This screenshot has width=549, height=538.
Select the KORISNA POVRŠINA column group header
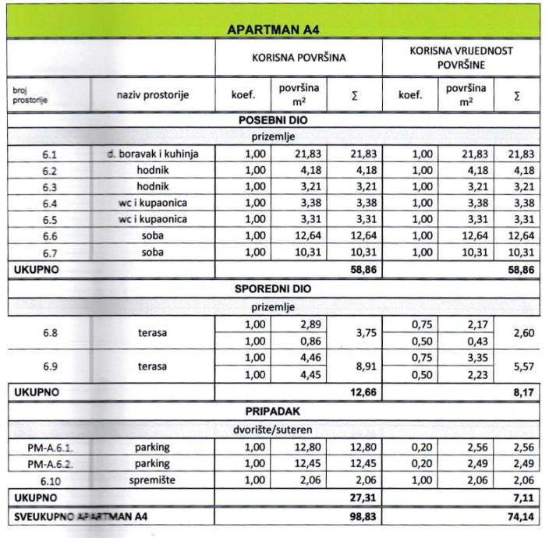click(299, 58)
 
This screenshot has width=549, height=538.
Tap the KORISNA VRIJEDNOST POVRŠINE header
click(462, 58)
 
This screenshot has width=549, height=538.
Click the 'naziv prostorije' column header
click(153, 96)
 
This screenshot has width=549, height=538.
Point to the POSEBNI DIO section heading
click(273, 121)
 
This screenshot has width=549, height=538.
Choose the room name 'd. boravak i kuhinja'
click(153, 154)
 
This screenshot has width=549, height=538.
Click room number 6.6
click(51, 236)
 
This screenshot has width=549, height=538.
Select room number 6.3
click(51, 187)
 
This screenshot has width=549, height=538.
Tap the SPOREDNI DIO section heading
click(273, 288)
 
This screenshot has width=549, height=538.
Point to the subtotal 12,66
click(360, 391)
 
